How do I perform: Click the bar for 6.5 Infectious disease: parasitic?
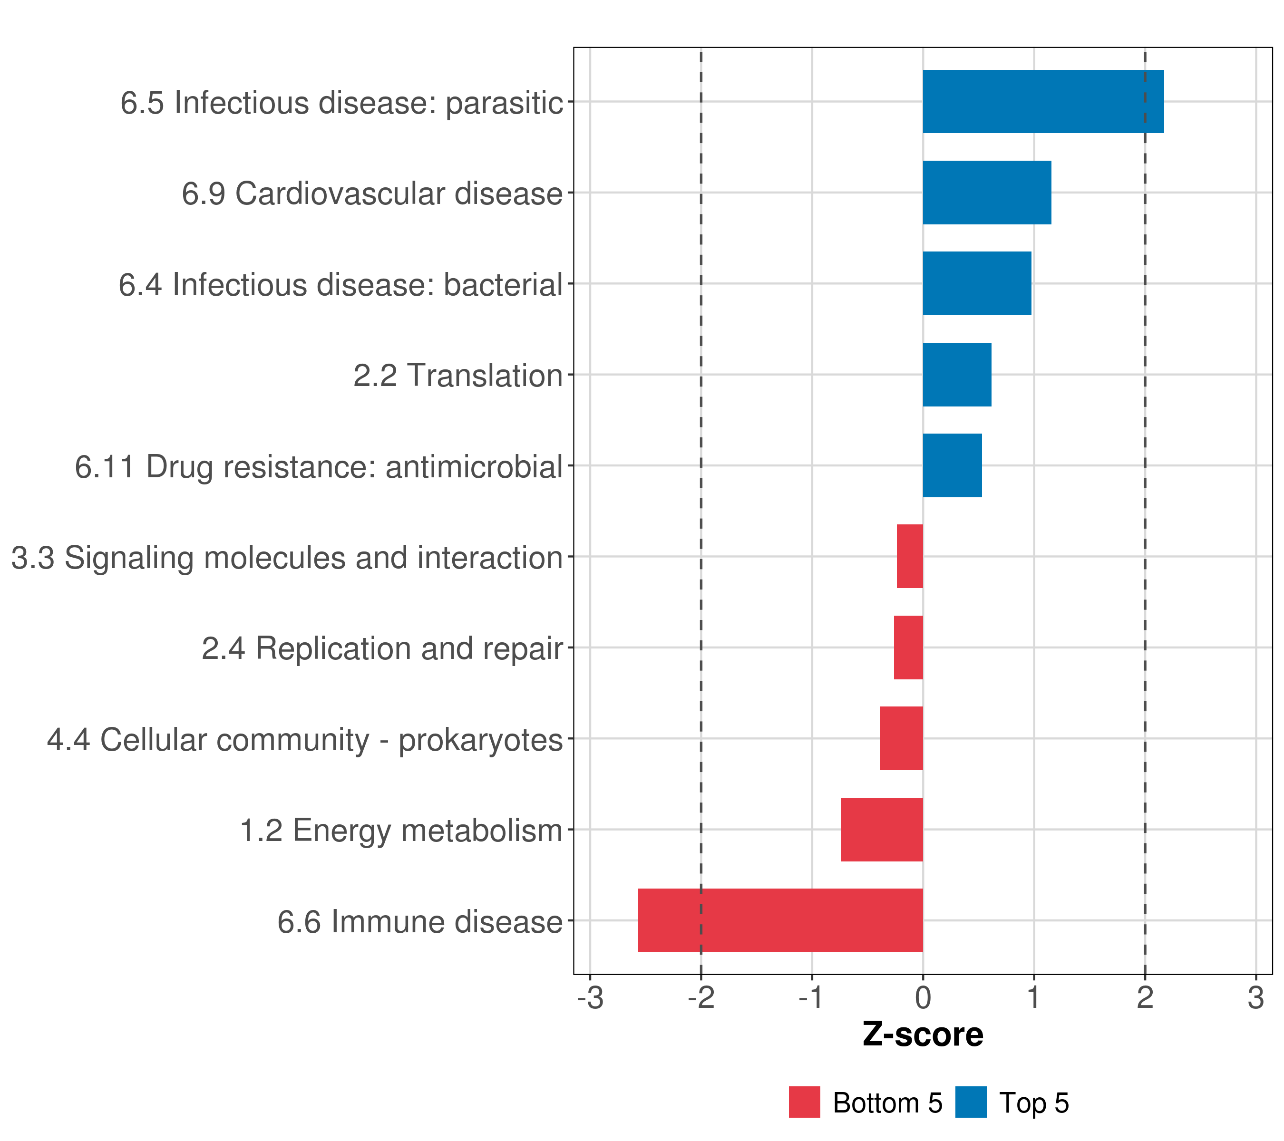point(1043,102)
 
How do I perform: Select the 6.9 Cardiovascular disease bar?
point(986,193)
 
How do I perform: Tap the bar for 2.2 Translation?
point(957,375)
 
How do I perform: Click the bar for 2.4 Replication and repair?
point(908,648)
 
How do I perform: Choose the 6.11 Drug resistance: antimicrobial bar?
point(952,465)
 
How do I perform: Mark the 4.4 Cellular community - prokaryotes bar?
point(901,738)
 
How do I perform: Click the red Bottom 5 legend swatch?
point(804,1102)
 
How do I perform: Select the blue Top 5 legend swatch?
point(971,1102)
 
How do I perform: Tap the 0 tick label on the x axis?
point(922,997)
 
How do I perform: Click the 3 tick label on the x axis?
point(1255,997)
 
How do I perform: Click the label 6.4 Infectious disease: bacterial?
point(340,284)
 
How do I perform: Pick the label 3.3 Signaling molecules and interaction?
point(286,558)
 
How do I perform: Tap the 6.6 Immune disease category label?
point(419,922)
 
